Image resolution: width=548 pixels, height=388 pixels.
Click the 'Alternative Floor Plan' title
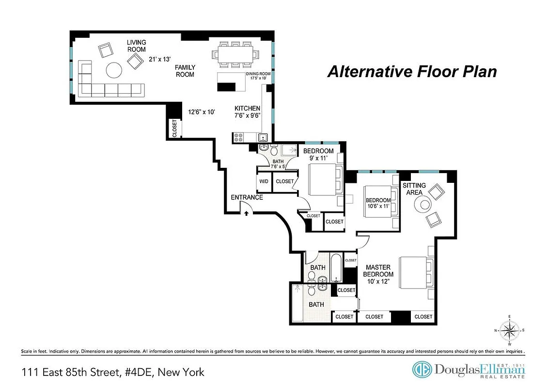(x=412, y=72)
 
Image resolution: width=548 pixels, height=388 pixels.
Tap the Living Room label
(x=136, y=46)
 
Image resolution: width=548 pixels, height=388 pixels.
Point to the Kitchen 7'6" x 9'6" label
(x=248, y=112)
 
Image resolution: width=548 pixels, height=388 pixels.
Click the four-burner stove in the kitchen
(x=238, y=137)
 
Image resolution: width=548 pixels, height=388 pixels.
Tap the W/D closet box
(x=264, y=181)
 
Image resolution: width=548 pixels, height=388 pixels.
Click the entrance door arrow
(x=247, y=212)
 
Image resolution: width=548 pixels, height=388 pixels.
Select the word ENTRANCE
(x=247, y=197)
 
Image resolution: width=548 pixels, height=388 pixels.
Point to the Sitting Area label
(x=414, y=189)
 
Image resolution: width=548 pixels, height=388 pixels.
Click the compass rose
(x=509, y=331)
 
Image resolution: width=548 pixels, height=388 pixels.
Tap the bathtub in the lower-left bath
(x=298, y=304)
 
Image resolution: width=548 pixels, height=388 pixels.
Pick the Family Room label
(x=185, y=71)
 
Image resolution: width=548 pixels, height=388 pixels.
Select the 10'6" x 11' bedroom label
(x=378, y=203)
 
